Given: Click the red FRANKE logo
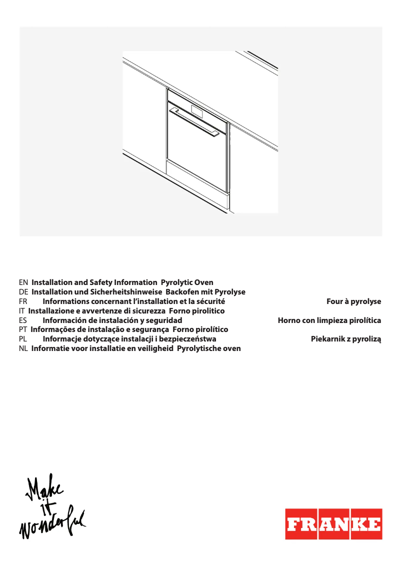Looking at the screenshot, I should click(333, 524).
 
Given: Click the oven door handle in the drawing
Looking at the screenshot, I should click(194, 121).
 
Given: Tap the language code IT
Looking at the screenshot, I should click(21, 311).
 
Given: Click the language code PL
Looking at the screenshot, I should click(22, 339).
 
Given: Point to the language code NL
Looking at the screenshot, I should click(23, 348).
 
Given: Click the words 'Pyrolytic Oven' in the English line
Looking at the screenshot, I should click(187, 282).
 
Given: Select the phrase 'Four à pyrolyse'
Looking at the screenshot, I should click(353, 301).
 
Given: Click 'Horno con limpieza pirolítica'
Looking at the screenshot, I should click(329, 320).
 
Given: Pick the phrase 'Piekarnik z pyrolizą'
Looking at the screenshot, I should click(345, 339).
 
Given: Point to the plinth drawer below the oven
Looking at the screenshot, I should click(197, 185).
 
